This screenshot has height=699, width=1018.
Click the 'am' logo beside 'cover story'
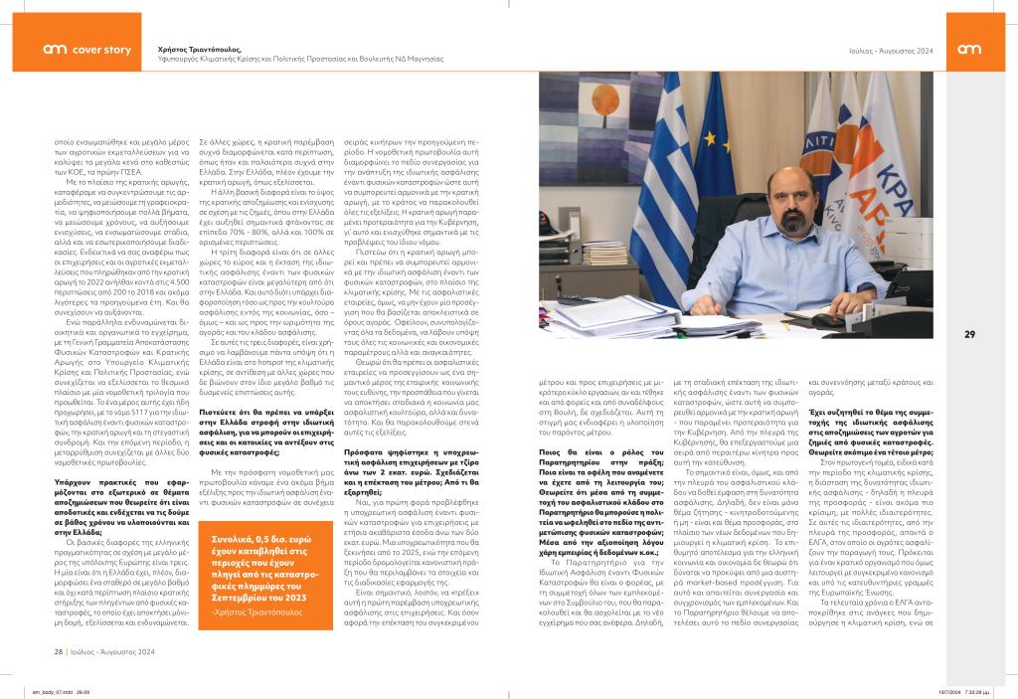click(55, 49)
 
